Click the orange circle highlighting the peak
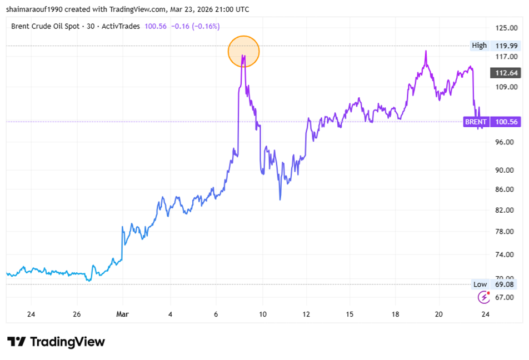(243, 52)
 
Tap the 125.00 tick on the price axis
(506, 28)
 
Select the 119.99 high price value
(506, 46)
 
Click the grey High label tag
(479, 46)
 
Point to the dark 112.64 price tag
(506, 73)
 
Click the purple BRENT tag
(476, 122)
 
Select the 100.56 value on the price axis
(506, 122)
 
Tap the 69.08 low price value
(506, 284)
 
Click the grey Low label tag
(480, 284)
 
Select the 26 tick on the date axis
(77, 314)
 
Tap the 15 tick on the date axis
(350, 314)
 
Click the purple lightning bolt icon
(483, 297)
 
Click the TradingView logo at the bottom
(56, 341)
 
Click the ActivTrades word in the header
(121, 26)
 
